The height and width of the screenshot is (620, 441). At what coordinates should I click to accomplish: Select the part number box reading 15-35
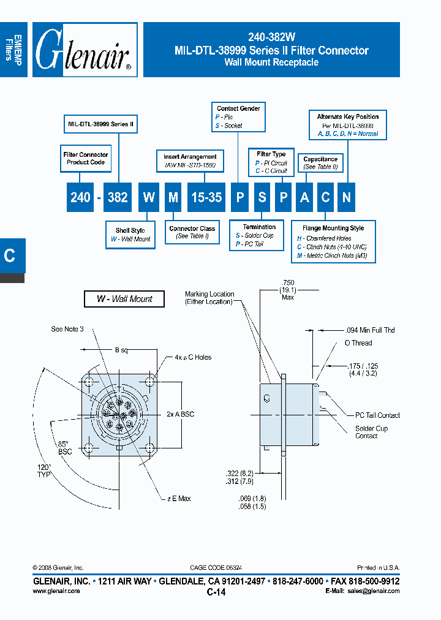click(206, 197)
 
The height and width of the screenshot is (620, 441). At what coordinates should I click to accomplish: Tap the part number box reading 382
click(116, 197)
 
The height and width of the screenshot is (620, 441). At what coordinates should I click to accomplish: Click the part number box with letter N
click(347, 197)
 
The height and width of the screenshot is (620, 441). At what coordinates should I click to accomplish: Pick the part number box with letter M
click(173, 197)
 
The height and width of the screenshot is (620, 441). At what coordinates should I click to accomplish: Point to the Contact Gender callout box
click(238, 116)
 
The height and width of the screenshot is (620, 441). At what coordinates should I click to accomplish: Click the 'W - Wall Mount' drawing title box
click(124, 299)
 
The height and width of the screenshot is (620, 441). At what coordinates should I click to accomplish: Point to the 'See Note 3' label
click(67, 330)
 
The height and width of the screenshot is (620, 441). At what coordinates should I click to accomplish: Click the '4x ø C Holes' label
click(188, 357)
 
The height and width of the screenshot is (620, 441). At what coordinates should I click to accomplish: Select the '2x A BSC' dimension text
click(180, 414)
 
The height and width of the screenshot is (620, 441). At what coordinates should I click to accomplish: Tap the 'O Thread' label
click(358, 344)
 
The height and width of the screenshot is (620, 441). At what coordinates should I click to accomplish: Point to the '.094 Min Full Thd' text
click(369, 330)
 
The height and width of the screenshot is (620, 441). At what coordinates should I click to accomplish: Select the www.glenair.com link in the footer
click(56, 591)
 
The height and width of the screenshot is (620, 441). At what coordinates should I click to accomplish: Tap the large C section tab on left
click(10, 255)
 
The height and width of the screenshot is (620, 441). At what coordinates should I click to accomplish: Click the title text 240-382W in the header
click(271, 36)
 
